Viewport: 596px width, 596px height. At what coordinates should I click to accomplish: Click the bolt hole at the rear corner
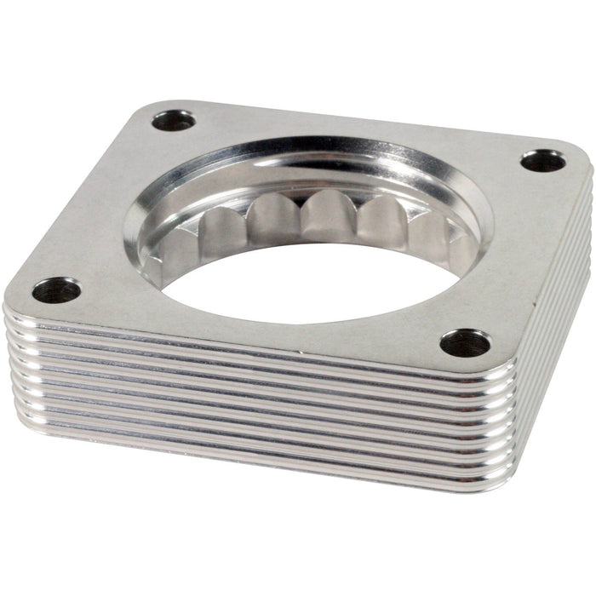(174, 120)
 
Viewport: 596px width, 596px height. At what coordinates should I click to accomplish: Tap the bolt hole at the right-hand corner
(542, 160)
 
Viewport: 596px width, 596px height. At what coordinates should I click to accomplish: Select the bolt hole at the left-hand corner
(56, 290)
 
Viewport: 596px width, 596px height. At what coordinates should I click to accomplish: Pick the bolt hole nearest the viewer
(465, 342)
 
